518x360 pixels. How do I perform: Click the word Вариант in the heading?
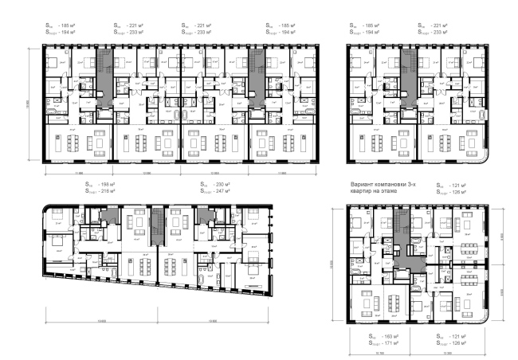(362, 185)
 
